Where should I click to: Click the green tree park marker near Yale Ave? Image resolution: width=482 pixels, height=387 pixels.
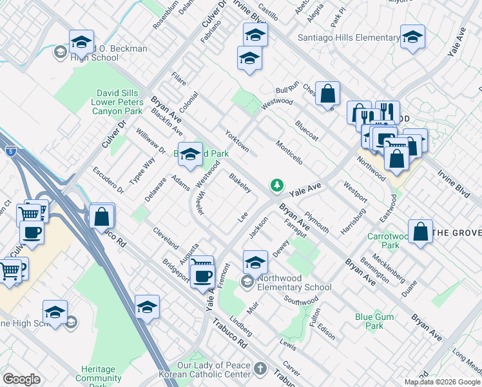[277, 185]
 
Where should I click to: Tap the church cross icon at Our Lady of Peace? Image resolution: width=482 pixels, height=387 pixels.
[260, 369]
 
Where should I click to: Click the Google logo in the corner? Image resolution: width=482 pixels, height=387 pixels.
[21, 379]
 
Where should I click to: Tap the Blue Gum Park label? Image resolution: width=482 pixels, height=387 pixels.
[369, 321]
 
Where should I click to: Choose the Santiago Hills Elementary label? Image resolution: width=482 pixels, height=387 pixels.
[348, 38]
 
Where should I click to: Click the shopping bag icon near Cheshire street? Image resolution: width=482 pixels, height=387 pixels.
[328, 94]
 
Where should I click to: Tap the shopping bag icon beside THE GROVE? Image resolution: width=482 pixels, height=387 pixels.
[420, 233]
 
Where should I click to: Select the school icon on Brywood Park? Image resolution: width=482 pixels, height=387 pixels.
[190, 154]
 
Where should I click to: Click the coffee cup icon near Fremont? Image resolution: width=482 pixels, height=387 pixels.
[204, 276]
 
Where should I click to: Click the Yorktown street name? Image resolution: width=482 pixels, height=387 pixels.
[236, 141]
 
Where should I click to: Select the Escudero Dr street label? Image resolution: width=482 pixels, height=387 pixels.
[108, 181]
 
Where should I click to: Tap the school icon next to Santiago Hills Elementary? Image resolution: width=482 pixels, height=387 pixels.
[412, 37]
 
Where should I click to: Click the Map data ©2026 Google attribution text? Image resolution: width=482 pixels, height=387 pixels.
[441, 382]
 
